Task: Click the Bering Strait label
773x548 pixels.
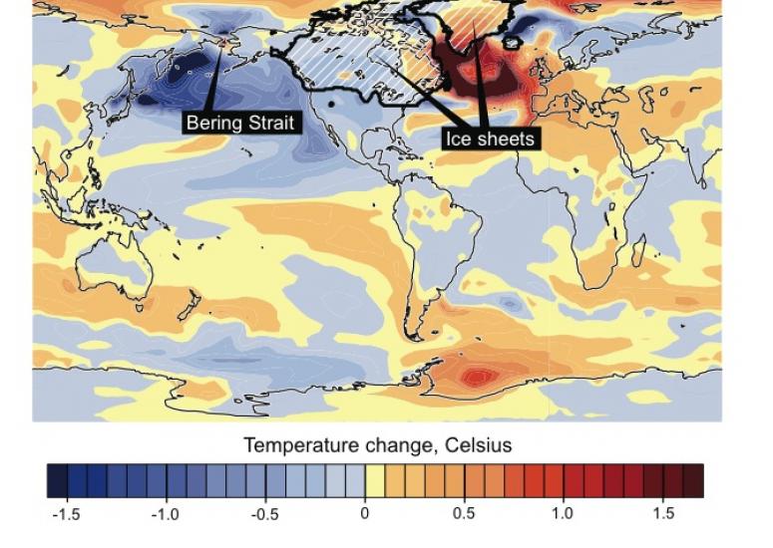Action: (x=241, y=123)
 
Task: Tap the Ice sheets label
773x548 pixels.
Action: (x=492, y=138)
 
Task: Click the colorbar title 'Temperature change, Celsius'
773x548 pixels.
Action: (x=378, y=445)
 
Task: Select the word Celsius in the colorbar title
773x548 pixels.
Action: (x=474, y=445)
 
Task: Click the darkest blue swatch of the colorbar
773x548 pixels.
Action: (x=57, y=480)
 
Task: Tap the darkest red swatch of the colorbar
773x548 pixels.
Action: (x=693, y=480)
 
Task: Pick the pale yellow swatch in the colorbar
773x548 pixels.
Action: (x=375, y=480)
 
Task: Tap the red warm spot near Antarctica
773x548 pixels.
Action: (x=479, y=377)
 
